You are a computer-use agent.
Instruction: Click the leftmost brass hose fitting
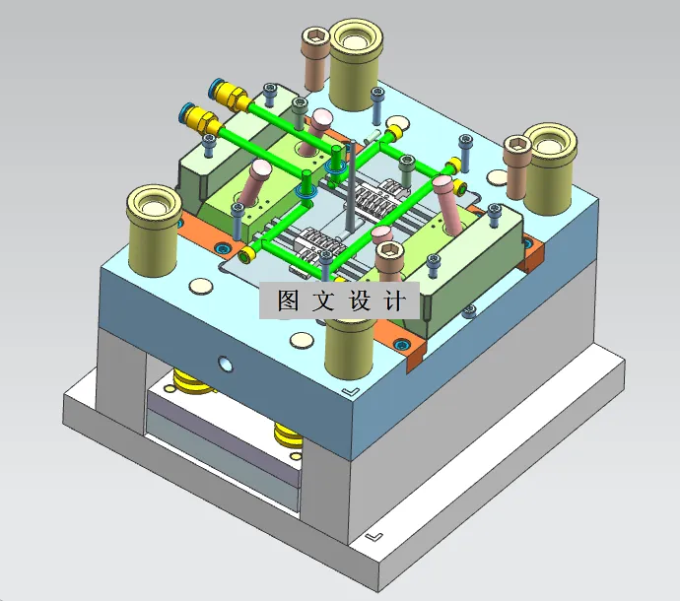(x=198, y=118)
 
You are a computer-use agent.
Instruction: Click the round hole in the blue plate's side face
(x=228, y=365)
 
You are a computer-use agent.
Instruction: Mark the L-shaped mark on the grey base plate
(x=373, y=538)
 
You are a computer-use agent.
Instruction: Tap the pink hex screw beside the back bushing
(x=315, y=59)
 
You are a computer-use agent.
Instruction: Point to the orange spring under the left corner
(x=192, y=380)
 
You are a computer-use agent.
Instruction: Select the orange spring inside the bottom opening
(x=289, y=434)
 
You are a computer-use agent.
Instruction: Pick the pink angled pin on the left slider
(x=258, y=182)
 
